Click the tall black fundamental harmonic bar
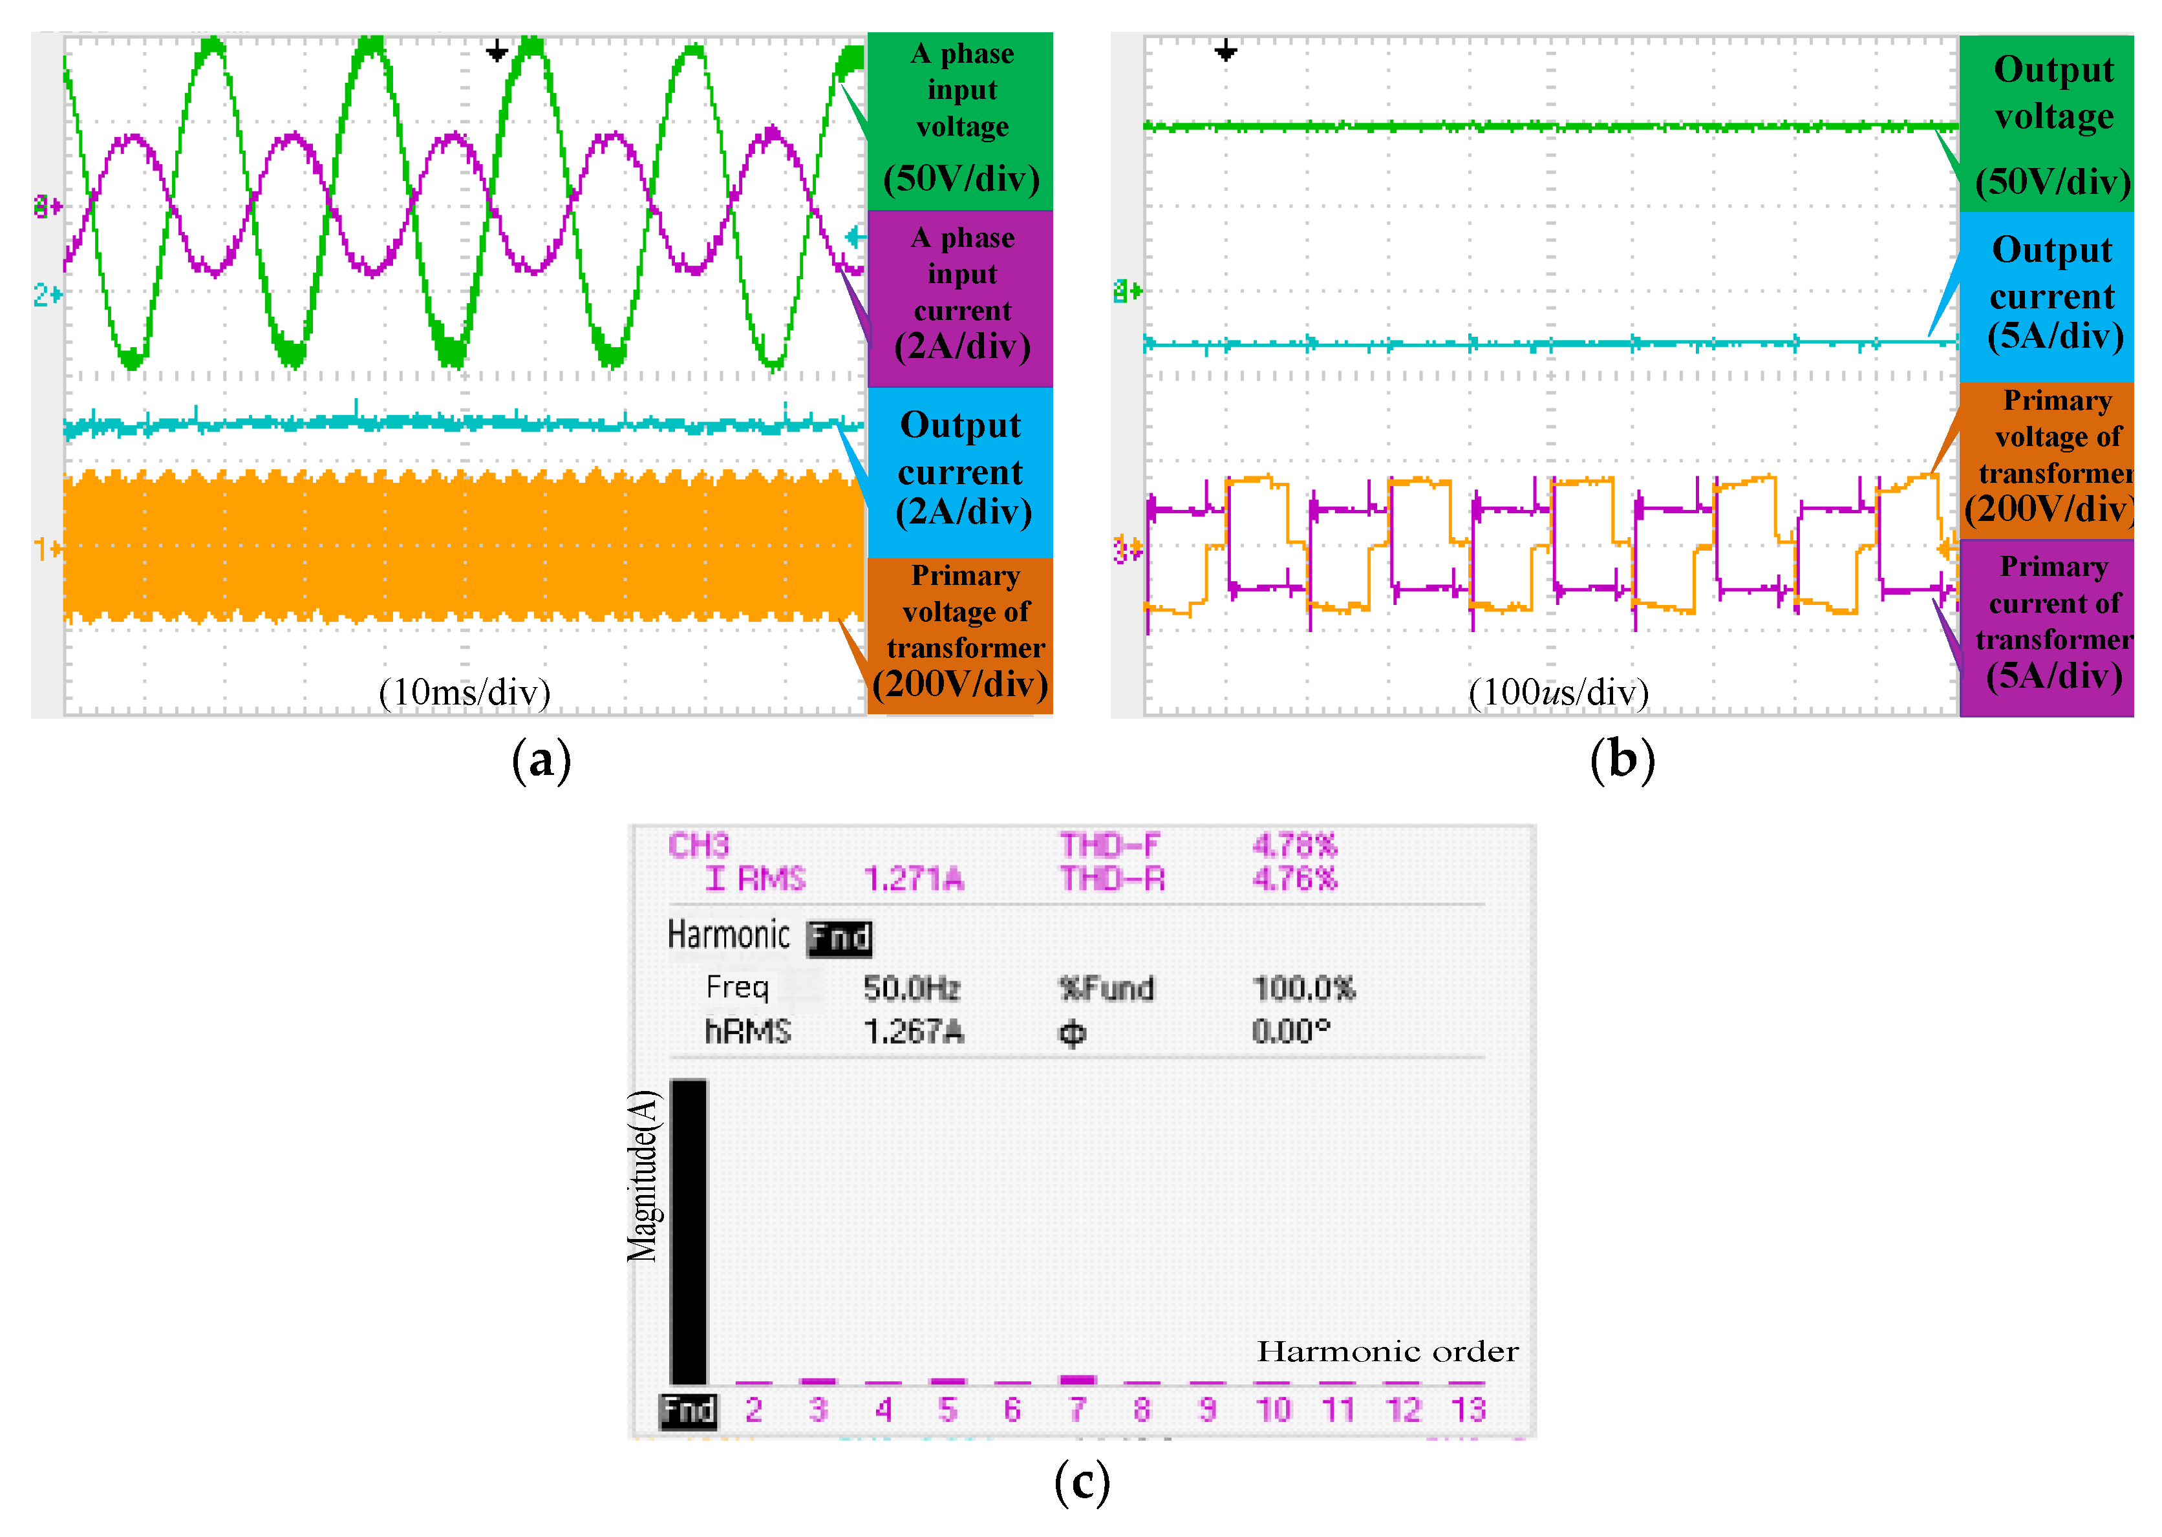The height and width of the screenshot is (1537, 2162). pyautogui.click(x=688, y=1231)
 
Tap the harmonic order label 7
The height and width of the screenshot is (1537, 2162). pyautogui.click(x=1077, y=1410)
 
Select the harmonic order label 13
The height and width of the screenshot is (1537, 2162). pyautogui.click(x=1468, y=1410)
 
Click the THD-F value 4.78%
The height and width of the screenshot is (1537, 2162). pyautogui.click(x=1294, y=844)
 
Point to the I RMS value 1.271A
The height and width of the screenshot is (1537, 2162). pyautogui.click(x=914, y=879)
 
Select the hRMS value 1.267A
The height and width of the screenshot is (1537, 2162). pyautogui.click(x=914, y=1032)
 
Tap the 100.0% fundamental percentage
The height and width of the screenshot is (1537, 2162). pyautogui.click(x=1303, y=989)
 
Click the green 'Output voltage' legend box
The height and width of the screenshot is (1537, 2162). pyautogui.click(x=2046, y=123)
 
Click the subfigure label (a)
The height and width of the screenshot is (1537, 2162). pyautogui.click(x=541, y=760)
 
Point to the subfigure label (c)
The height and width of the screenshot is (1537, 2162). pyautogui.click(x=1081, y=1482)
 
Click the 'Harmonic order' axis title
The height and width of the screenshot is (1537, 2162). pyautogui.click(x=1387, y=1351)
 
